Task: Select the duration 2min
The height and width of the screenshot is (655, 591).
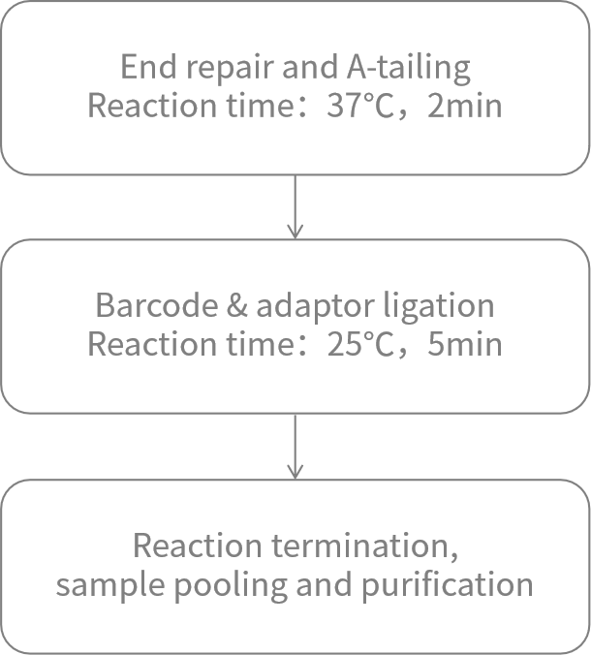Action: [x=464, y=105]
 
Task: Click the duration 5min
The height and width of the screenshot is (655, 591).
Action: [x=464, y=343]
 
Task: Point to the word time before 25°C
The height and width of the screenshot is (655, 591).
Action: [x=245, y=343]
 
